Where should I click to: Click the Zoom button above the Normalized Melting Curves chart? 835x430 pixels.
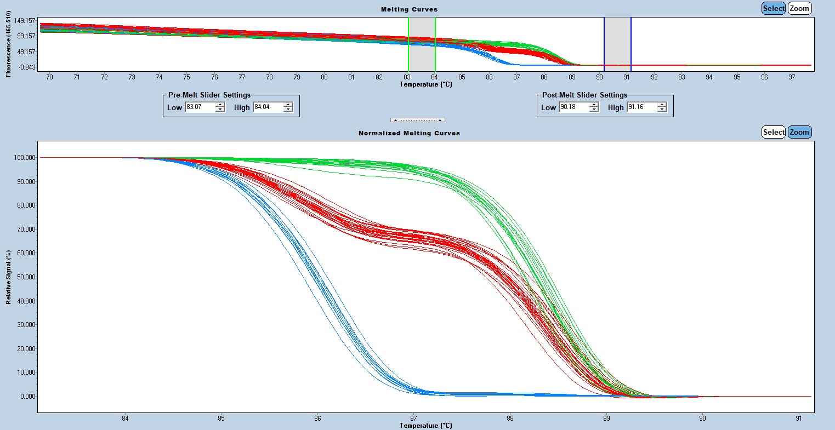(799, 132)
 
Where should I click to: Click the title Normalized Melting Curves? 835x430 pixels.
(409, 133)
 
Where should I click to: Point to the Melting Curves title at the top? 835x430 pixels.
(409, 9)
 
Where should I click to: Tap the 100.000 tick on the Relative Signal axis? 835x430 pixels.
(25, 158)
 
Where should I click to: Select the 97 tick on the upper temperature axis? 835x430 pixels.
(792, 77)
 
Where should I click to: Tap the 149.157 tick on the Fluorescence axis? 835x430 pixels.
(25, 21)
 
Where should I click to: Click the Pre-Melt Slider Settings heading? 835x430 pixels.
(209, 95)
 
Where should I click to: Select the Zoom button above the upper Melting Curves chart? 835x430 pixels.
(799, 8)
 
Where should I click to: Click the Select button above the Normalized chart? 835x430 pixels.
(774, 132)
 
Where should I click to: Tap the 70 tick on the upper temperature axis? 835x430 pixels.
(49, 77)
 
